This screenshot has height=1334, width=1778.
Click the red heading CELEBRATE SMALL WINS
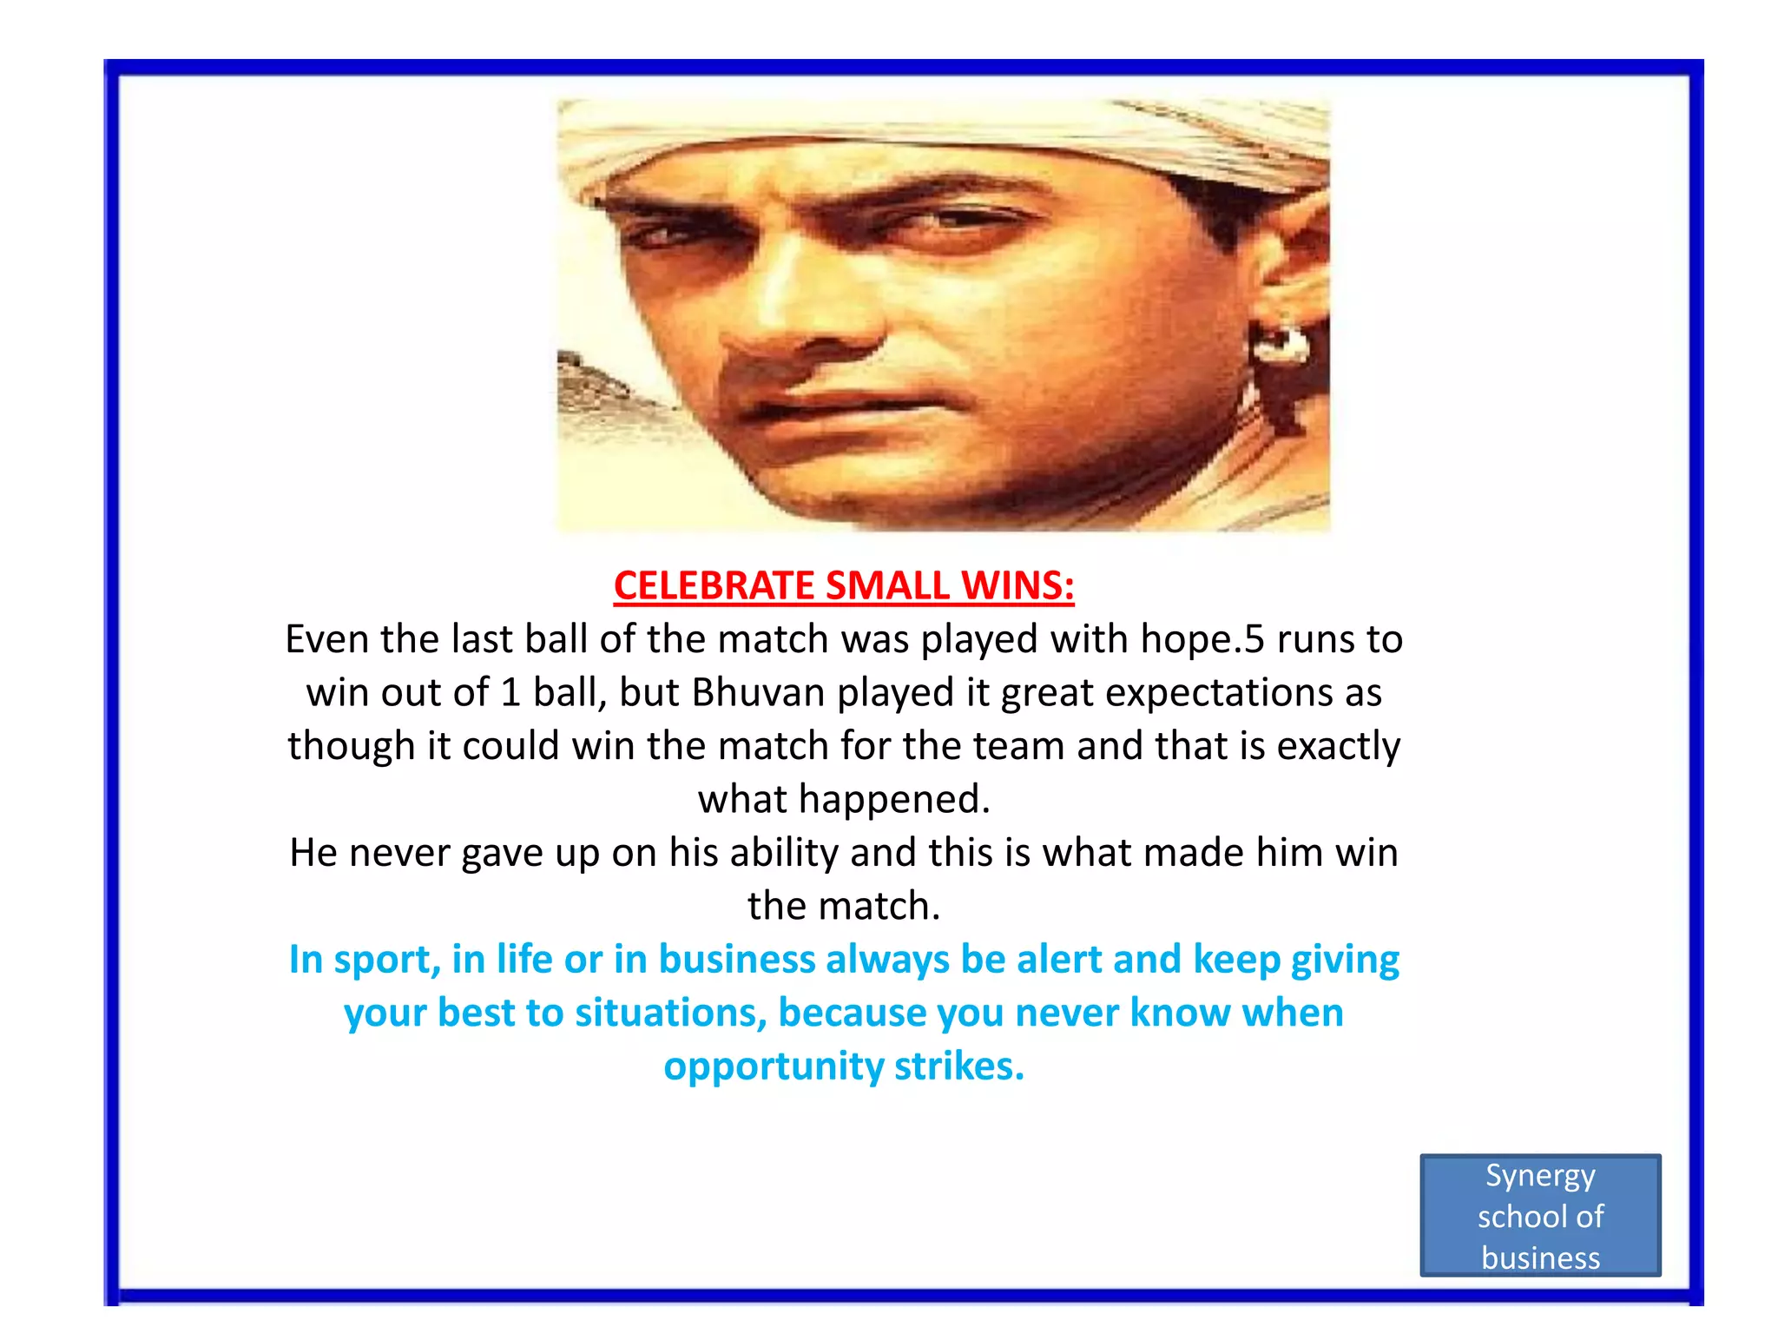click(843, 585)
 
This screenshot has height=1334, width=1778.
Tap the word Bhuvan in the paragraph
click(757, 693)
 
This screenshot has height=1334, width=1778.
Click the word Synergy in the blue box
click(1540, 1176)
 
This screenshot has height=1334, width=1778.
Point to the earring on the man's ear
click(1279, 344)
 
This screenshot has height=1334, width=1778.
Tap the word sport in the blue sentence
click(386, 960)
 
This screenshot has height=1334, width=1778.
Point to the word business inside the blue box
click(1540, 1258)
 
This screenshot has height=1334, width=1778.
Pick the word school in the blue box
click(1514, 1217)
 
